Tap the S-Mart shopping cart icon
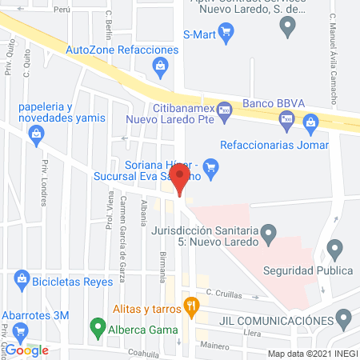tap(227, 33)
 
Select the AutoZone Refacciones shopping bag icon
tap(161, 64)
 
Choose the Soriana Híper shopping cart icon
tap(211, 167)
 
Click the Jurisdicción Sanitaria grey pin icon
tap(270, 234)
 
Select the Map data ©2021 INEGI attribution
tap(312, 353)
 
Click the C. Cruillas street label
tap(223, 293)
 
